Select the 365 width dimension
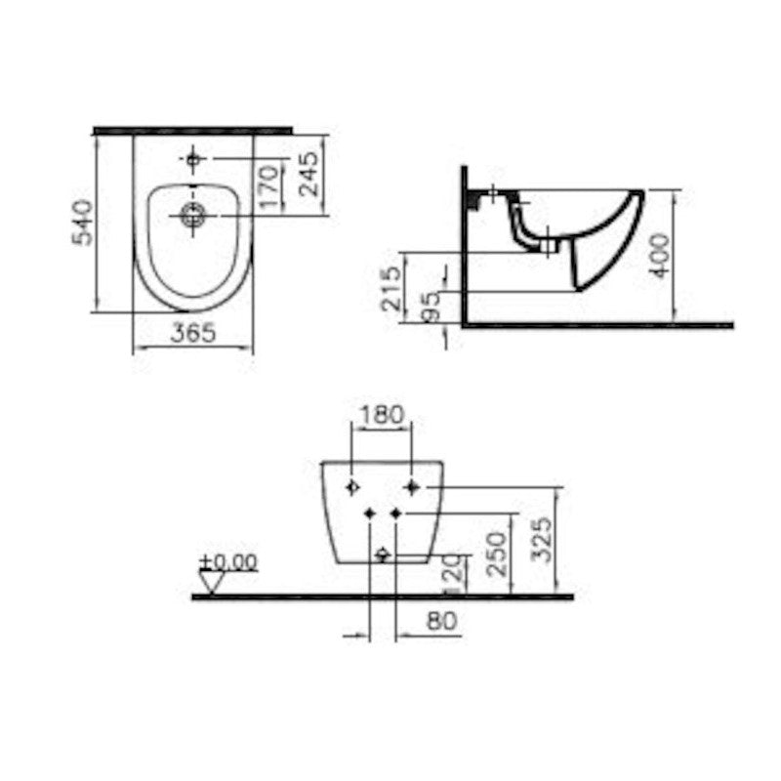click(193, 333)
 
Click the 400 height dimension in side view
click(662, 255)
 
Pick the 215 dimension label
click(389, 285)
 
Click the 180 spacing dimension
click(381, 414)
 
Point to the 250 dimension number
click(497, 552)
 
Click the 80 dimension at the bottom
click(441, 620)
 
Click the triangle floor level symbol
click(212, 581)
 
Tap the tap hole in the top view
click(192, 158)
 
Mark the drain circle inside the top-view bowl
click(191, 215)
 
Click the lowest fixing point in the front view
click(383, 555)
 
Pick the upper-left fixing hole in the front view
click(352, 486)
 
